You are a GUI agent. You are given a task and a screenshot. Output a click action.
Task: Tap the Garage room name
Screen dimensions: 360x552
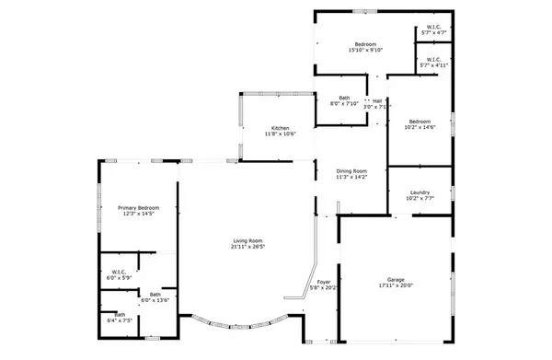396,279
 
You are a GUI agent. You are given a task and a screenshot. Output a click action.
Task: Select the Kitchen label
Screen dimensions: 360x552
280,128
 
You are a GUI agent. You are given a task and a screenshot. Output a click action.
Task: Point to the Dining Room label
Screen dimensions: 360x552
351,170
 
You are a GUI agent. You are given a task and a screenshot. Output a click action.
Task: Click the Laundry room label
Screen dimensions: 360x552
420,192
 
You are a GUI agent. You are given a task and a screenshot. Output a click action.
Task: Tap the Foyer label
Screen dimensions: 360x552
324,282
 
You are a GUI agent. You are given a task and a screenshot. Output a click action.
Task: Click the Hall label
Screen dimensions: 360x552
377,101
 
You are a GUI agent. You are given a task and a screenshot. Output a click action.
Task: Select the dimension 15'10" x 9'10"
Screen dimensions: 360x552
365,51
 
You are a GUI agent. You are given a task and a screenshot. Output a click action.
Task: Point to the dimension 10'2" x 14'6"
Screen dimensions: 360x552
420,127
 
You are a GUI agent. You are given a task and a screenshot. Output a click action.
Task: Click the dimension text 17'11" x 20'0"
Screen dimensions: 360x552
396,285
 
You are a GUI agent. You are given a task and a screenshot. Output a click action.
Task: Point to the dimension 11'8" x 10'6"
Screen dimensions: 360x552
280,134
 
